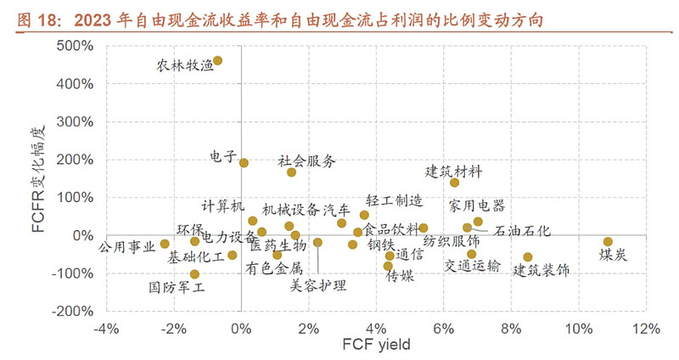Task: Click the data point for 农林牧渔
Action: (x=218, y=61)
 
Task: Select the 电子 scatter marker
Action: (x=244, y=163)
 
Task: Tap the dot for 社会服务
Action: (x=291, y=172)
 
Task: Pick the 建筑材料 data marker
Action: (x=454, y=183)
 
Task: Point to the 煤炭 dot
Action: (x=608, y=242)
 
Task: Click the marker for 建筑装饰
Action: (x=528, y=257)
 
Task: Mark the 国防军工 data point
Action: (x=194, y=274)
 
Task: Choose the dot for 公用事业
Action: (x=165, y=244)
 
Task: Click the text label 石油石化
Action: (x=522, y=230)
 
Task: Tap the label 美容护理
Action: (x=317, y=286)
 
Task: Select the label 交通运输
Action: (x=473, y=267)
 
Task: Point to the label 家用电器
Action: (x=477, y=205)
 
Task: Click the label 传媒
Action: (x=400, y=275)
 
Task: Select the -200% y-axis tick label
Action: (x=75, y=312)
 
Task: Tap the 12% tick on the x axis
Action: (x=646, y=329)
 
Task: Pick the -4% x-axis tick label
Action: (x=105, y=329)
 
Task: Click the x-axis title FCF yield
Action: (x=375, y=346)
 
